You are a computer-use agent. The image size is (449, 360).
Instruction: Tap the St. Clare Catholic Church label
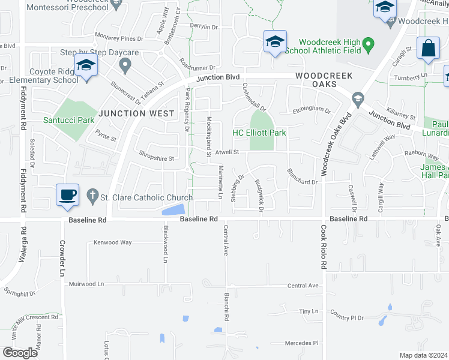(x=147, y=197)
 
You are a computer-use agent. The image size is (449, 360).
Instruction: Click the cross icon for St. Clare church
(x=92, y=195)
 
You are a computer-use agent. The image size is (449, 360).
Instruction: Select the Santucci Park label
(x=68, y=120)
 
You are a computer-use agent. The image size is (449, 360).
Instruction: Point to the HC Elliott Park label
(x=259, y=133)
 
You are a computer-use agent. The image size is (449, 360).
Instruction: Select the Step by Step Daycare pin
(x=125, y=64)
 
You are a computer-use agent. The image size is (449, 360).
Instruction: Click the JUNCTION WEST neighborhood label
(x=130, y=113)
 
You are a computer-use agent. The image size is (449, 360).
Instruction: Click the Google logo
(x=20, y=353)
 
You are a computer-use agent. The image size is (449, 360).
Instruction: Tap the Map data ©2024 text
(x=423, y=355)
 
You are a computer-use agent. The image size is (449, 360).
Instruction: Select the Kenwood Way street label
(x=112, y=242)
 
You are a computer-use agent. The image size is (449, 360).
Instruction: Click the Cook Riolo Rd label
(x=323, y=247)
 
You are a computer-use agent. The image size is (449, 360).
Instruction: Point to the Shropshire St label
(x=157, y=159)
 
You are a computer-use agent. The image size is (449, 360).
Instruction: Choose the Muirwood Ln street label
(x=86, y=283)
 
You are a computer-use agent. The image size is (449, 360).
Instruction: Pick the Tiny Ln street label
(x=309, y=312)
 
